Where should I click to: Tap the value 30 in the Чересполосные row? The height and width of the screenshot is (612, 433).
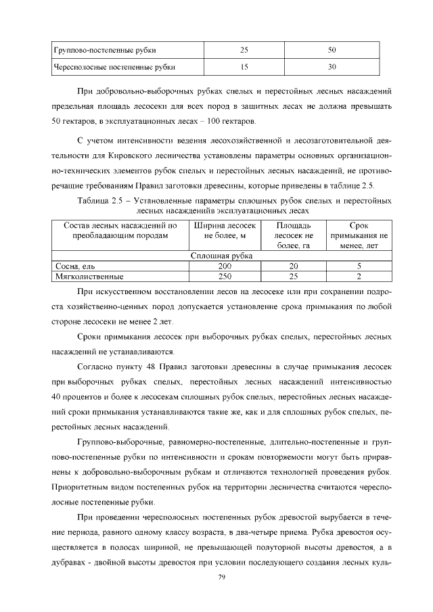pyautogui.click(x=332, y=67)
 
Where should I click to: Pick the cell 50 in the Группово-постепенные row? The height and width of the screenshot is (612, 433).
pyautogui.click(x=332, y=49)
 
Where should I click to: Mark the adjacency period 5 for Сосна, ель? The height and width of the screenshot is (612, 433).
pyautogui.click(x=359, y=266)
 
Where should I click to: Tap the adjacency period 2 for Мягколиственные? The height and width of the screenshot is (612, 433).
pyautogui.click(x=359, y=276)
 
